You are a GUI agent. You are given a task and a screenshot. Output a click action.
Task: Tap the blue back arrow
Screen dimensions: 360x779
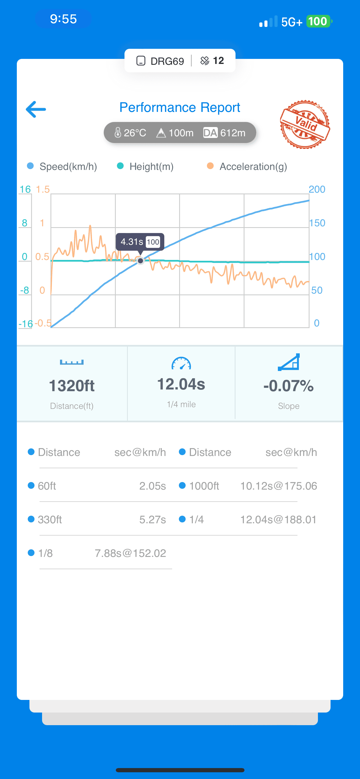pos(36,109)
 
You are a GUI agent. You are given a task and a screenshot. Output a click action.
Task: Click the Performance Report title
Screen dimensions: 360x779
pos(180,107)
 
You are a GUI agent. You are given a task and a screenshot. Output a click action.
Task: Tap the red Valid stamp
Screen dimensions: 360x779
pos(305,124)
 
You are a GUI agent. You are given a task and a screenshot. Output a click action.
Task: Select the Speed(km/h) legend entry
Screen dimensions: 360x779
pos(62,166)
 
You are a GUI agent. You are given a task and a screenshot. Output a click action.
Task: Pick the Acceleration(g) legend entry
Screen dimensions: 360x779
pos(247,166)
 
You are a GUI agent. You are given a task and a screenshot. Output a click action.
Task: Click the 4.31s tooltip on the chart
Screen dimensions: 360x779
pos(140,242)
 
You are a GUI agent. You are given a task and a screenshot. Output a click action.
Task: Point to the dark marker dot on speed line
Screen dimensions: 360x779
pos(140,261)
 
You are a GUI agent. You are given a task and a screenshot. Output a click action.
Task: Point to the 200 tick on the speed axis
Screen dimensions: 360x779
pos(317,189)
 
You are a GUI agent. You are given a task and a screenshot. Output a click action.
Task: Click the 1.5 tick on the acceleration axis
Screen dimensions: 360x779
pos(43,189)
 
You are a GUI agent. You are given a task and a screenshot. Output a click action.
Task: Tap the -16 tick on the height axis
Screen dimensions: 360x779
pos(26,324)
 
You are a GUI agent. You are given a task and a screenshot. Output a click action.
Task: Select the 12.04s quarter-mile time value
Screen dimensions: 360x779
pos(181,384)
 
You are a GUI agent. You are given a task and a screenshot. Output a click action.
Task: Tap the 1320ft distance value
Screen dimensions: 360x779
pos(72,386)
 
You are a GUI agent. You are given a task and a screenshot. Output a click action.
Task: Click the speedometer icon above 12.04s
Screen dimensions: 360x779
pos(181,363)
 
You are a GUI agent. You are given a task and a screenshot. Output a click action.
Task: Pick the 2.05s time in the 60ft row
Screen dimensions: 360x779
pos(153,486)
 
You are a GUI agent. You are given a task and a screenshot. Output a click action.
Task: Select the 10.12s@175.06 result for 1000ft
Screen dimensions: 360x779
pos(279,486)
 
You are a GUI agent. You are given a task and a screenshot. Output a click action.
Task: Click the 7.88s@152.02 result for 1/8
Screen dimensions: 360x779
pos(131,553)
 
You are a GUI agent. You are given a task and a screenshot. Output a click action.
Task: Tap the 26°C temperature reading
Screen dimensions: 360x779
pos(130,133)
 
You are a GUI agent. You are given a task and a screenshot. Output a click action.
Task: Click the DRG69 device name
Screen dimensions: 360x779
pos(167,61)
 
